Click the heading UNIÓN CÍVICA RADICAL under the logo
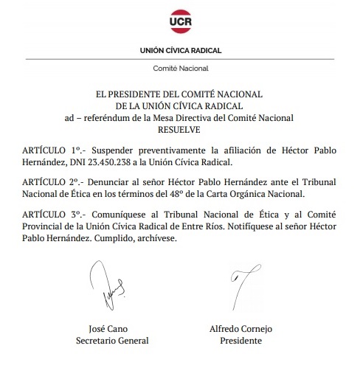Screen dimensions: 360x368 click(180, 51)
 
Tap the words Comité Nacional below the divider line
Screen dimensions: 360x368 click(180, 68)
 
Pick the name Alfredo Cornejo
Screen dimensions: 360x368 click(241, 329)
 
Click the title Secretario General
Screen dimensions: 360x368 click(113, 341)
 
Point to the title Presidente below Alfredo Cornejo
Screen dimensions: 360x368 click(241, 341)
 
